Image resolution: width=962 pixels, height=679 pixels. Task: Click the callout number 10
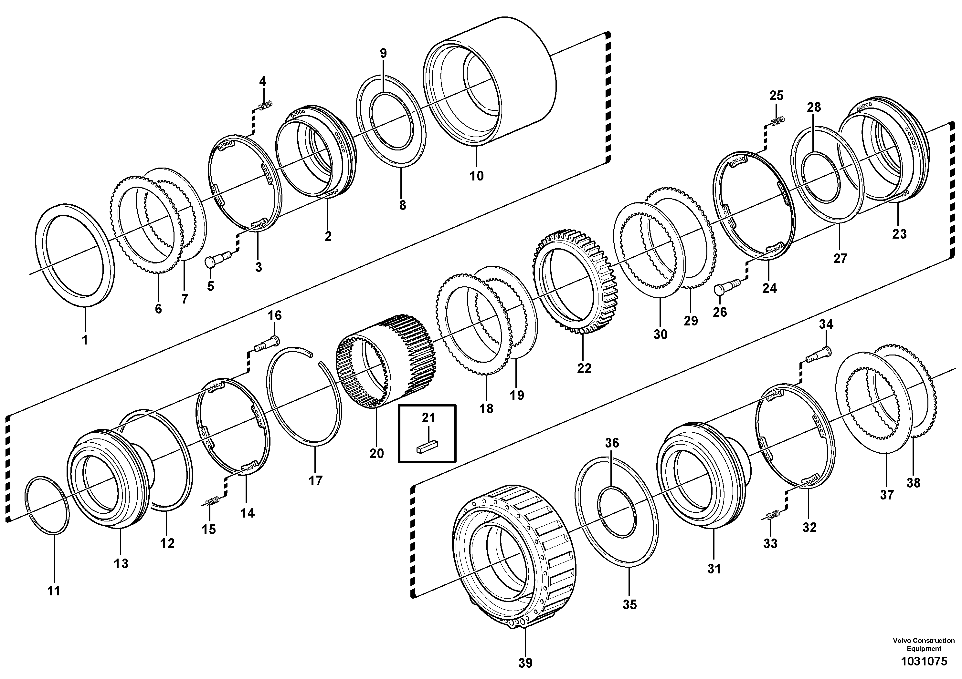(476, 176)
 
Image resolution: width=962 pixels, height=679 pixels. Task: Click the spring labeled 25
(777, 121)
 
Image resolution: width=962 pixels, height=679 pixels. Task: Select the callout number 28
(814, 107)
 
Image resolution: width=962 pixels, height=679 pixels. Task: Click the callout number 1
(85, 340)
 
